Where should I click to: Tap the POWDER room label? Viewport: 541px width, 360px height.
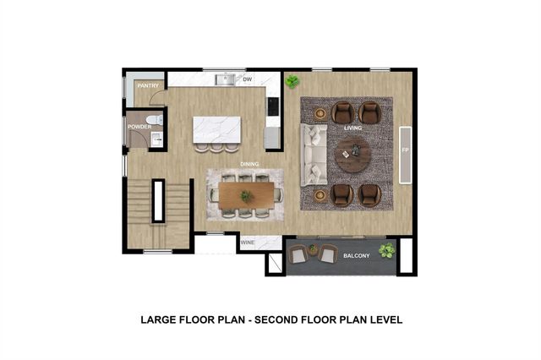point(139,127)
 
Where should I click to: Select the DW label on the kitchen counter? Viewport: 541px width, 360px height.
point(248,80)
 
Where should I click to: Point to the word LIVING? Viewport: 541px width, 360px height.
point(353,128)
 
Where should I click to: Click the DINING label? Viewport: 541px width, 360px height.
point(249,164)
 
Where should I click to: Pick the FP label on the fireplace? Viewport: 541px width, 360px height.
point(405,150)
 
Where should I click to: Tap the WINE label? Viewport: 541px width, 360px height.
point(249,243)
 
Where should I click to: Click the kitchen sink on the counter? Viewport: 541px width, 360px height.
point(224,80)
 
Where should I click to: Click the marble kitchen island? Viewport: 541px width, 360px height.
point(216,129)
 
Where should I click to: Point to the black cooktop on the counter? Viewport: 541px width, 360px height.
point(273,106)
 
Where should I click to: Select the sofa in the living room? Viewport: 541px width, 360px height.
point(314,155)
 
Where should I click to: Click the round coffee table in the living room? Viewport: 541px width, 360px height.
point(352,154)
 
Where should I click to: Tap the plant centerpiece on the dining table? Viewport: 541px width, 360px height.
point(245,196)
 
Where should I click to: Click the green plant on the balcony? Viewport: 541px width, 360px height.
point(386,250)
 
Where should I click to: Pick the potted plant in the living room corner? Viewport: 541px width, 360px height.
point(292,82)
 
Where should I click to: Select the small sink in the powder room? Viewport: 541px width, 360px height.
point(155,140)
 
